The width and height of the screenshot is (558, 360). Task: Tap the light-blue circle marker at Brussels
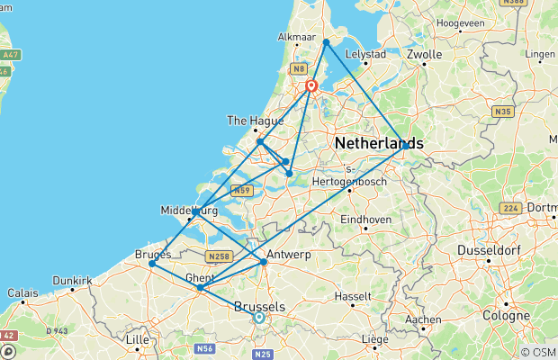click(x=259, y=317)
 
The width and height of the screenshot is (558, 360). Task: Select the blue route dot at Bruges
click(x=152, y=264)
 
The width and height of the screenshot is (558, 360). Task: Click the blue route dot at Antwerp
click(x=264, y=262)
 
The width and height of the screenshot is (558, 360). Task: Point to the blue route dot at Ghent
click(x=199, y=288)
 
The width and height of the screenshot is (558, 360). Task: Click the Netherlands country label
click(x=378, y=144)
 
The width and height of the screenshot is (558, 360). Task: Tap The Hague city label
click(x=249, y=120)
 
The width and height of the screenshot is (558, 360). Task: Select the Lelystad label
click(x=365, y=55)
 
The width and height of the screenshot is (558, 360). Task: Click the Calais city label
click(x=23, y=292)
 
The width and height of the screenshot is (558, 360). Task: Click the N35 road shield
click(x=501, y=112)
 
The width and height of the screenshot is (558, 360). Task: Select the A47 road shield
click(x=11, y=54)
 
